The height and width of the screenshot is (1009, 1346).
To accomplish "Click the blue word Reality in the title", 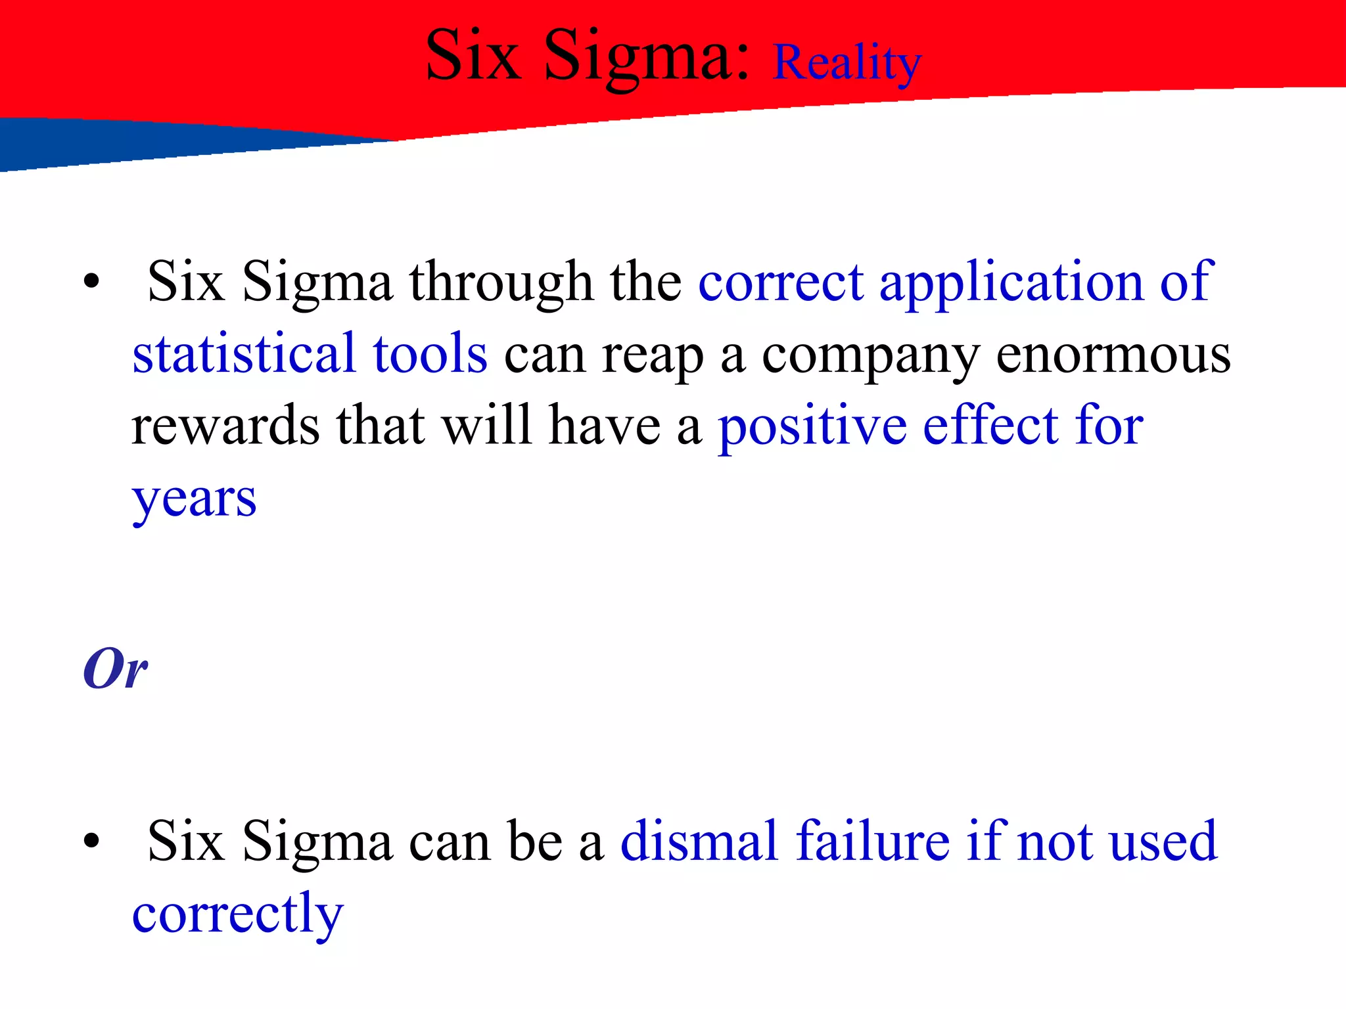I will (847, 64).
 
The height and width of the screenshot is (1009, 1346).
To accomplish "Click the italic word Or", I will (115, 669).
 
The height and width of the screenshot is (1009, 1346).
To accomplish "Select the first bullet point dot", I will (91, 282).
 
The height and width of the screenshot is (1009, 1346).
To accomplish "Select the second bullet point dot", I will (91, 841).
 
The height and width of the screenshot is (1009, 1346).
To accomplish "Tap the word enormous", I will (1113, 355).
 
